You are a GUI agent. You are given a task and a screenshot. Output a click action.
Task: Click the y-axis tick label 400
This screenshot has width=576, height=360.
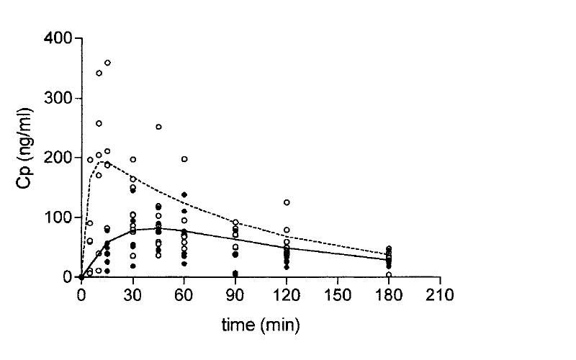tap(58, 38)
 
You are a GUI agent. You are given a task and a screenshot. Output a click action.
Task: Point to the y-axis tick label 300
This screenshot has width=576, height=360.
tap(58, 98)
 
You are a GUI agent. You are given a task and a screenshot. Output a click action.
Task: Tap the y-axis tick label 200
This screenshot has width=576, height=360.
tap(58, 158)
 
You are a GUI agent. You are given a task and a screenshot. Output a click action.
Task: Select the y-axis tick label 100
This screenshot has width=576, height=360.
tap(58, 217)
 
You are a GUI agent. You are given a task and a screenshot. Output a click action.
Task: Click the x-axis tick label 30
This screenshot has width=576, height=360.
tap(132, 294)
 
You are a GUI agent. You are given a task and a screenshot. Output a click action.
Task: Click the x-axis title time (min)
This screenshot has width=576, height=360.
tap(260, 325)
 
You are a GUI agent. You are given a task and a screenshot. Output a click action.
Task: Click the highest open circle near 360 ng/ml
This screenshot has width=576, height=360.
tap(107, 63)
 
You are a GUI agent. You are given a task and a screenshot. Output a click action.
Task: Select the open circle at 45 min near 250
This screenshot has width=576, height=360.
tap(158, 127)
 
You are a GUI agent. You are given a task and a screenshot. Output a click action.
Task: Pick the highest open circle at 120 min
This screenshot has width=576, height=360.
tap(287, 202)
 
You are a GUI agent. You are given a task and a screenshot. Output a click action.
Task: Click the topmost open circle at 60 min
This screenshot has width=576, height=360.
tap(184, 159)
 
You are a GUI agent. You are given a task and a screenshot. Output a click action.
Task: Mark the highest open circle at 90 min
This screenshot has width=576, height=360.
tap(235, 222)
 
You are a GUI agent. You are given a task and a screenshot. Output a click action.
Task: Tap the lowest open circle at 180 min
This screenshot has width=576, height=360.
tap(389, 274)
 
